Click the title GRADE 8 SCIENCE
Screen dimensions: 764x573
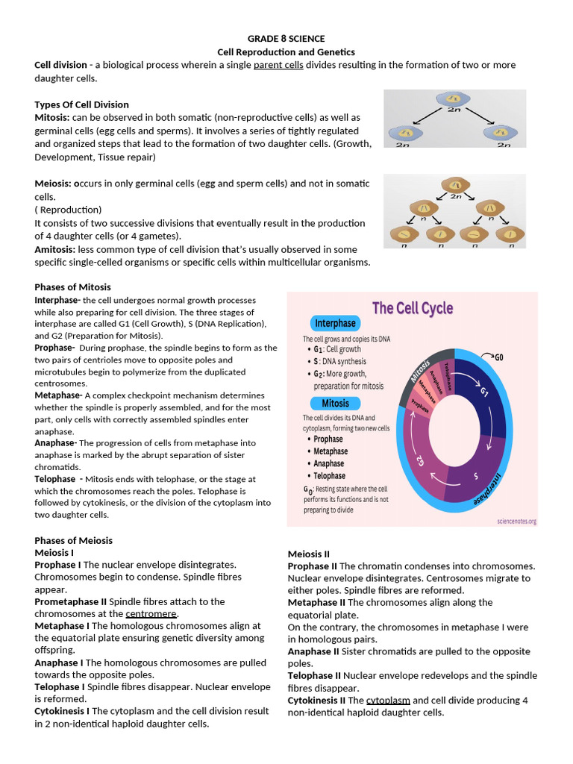(x=286, y=39)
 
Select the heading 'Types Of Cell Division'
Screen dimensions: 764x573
(x=81, y=104)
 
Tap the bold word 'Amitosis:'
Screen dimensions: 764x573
(x=54, y=249)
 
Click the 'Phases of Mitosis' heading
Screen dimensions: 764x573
(x=72, y=287)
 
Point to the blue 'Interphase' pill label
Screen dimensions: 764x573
(x=335, y=323)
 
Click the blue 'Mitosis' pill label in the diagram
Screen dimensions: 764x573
(x=335, y=404)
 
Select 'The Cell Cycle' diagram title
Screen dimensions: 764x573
(x=412, y=307)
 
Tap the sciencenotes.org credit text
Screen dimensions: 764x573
(x=516, y=522)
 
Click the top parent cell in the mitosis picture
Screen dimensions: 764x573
(x=451, y=100)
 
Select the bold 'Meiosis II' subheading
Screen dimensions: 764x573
(x=309, y=554)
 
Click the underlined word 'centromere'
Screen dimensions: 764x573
(x=151, y=613)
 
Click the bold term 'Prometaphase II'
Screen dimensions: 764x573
(x=70, y=601)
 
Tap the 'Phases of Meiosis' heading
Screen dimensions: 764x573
(x=73, y=540)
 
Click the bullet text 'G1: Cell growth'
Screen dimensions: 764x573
(x=337, y=349)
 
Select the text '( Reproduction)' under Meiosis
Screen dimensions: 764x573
(x=68, y=210)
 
